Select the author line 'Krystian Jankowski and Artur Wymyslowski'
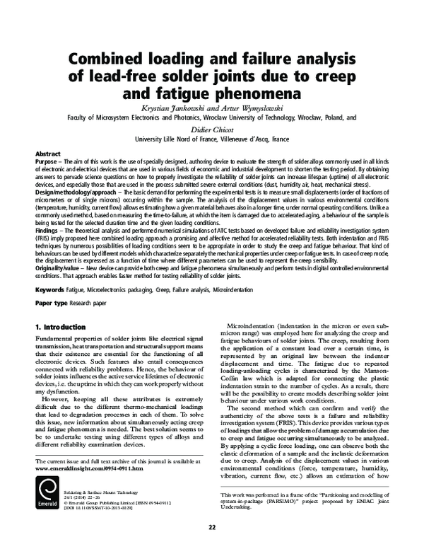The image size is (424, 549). point(212,110)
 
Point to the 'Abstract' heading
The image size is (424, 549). point(47,154)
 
